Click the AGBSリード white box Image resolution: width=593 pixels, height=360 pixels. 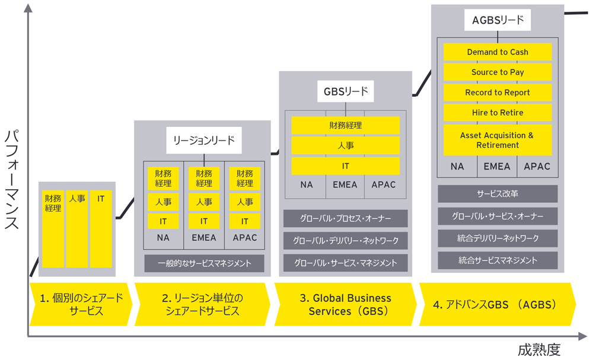[x=498, y=20]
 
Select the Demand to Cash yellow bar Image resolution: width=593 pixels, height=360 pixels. [x=498, y=52]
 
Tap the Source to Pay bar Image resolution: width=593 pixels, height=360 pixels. [x=498, y=72]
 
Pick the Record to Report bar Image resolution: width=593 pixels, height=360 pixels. [x=498, y=93]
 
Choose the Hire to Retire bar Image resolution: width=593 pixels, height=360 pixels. [x=498, y=113]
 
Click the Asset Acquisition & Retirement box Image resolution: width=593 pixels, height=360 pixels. [x=498, y=140]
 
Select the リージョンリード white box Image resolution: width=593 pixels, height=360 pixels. [x=204, y=141]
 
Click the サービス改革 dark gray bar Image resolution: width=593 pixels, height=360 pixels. [x=498, y=194]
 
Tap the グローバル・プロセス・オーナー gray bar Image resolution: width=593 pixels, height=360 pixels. [x=346, y=219]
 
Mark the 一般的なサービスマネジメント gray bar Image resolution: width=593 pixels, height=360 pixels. [x=204, y=263]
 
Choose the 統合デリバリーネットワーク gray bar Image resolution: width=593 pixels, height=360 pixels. [x=498, y=238]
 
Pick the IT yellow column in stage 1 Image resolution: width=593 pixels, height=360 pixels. [x=101, y=229]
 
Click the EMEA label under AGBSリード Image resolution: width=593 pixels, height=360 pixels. [x=497, y=167]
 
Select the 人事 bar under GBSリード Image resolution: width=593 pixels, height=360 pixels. [x=346, y=145]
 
